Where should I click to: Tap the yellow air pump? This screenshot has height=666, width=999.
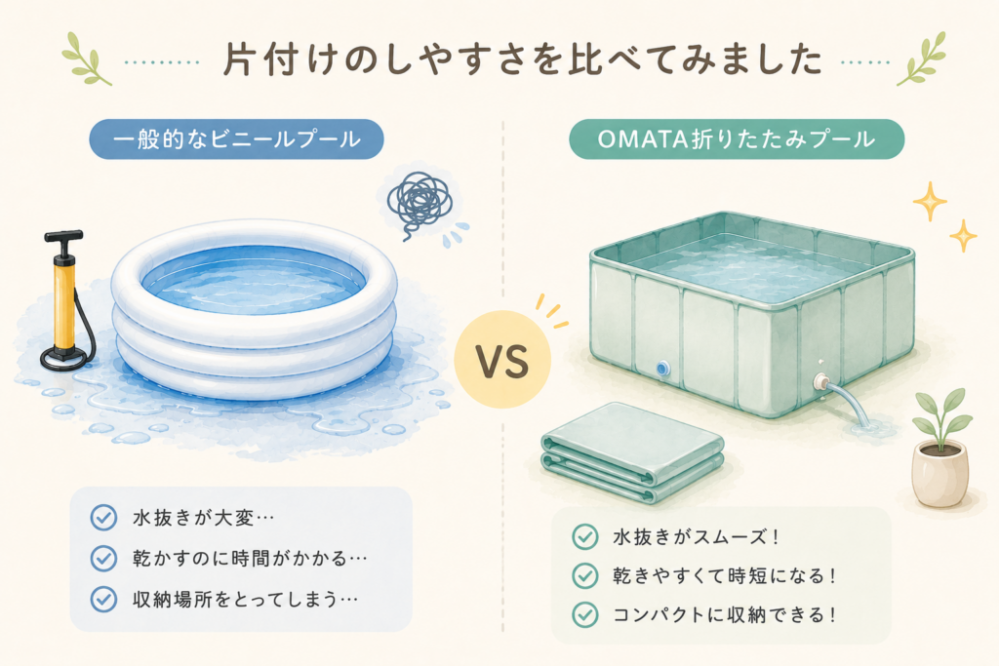point(64,300)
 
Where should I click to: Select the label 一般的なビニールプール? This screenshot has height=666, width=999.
point(236,138)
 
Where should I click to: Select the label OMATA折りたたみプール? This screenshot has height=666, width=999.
point(736,138)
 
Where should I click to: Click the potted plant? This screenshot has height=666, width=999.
point(940,449)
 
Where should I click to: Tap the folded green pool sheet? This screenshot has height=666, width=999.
point(632,451)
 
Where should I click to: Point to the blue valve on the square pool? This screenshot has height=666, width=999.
point(662,368)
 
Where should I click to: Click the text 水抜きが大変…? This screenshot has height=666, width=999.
point(203,518)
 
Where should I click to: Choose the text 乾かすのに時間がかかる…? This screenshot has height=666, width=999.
point(250,559)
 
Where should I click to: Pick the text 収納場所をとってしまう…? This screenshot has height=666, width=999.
point(245,599)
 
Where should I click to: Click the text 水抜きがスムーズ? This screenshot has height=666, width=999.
point(697,536)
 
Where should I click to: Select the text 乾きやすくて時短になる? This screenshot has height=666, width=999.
point(725,576)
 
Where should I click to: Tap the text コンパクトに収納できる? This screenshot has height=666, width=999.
point(725,615)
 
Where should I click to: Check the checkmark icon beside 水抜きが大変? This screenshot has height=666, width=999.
point(103,518)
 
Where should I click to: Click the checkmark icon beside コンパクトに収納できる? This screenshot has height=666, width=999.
point(585,615)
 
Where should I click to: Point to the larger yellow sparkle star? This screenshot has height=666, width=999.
point(930,201)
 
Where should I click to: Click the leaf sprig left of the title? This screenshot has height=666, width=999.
point(87,59)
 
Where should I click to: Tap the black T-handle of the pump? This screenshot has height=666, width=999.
point(63,237)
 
